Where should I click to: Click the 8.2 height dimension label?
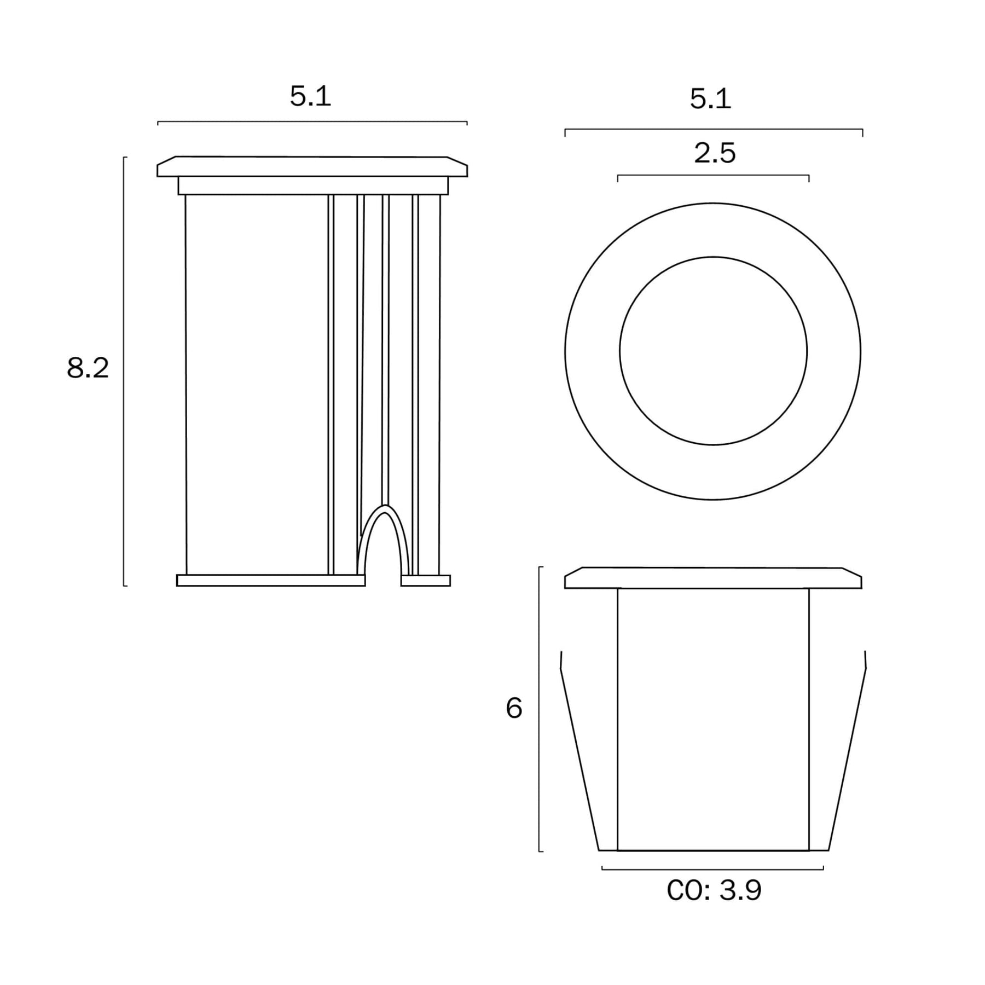(x=88, y=368)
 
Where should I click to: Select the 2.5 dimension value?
(x=715, y=153)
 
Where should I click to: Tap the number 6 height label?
(x=514, y=708)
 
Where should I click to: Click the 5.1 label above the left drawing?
(x=310, y=96)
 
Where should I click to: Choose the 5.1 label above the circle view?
(x=710, y=99)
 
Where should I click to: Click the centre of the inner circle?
(x=713, y=351)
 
